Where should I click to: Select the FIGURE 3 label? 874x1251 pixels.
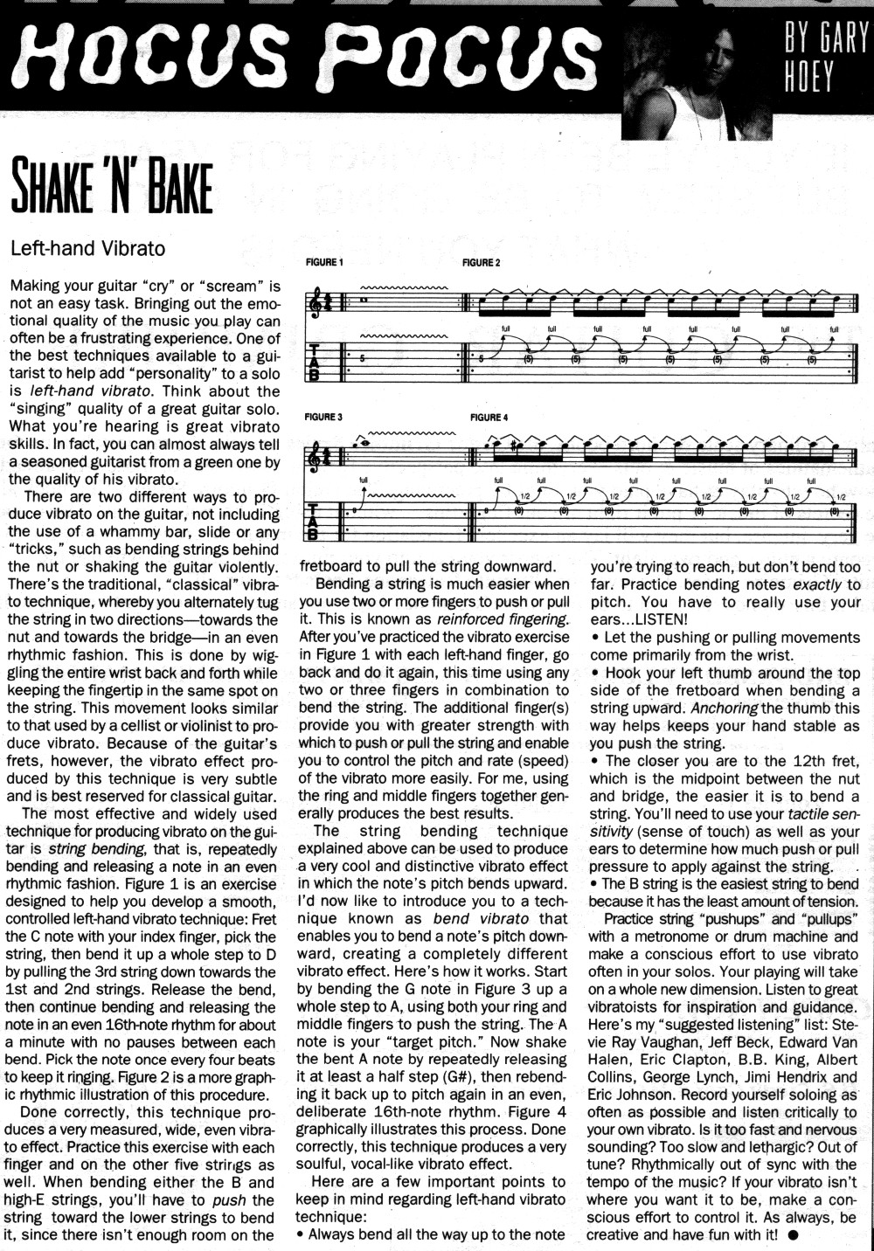pyautogui.click(x=324, y=417)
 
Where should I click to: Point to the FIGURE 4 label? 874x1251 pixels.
pyautogui.click(x=489, y=417)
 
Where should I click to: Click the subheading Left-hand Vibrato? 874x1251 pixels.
pyautogui.click(x=87, y=247)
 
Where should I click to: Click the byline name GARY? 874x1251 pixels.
pyautogui.click(x=838, y=39)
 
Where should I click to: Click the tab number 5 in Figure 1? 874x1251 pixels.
pyautogui.click(x=362, y=358)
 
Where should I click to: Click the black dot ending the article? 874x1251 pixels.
pyautogui.click(x=792, y=1235)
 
